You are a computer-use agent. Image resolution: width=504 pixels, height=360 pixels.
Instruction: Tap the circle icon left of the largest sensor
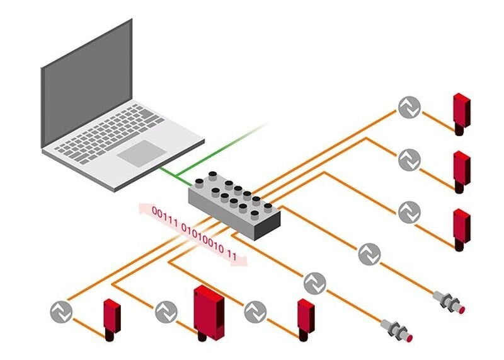[166, 311]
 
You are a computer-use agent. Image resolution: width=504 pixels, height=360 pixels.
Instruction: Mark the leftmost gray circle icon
[61, 311]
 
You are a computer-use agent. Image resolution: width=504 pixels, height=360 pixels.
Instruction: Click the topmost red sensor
[462, 112]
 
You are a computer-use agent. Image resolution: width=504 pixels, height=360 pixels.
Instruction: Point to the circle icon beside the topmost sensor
[409, 108]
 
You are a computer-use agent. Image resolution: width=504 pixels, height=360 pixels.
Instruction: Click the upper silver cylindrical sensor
[449, 302]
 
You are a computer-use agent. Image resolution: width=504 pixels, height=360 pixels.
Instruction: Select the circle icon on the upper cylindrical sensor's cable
[369, 254]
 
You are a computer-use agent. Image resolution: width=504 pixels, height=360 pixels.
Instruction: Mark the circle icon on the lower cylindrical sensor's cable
[315, 283]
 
